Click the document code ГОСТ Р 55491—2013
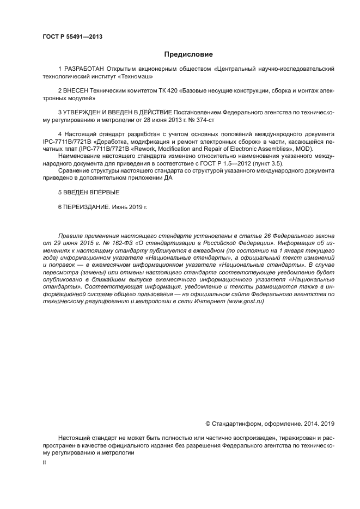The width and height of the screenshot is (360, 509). (x=72, y=37)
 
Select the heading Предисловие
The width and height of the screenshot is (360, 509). (x=188, y=54)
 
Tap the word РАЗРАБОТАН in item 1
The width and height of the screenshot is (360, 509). (x=82, y=70)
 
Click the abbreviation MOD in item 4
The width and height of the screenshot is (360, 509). (x=313, y=148)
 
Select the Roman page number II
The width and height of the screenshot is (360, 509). (x=44, y=462)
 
